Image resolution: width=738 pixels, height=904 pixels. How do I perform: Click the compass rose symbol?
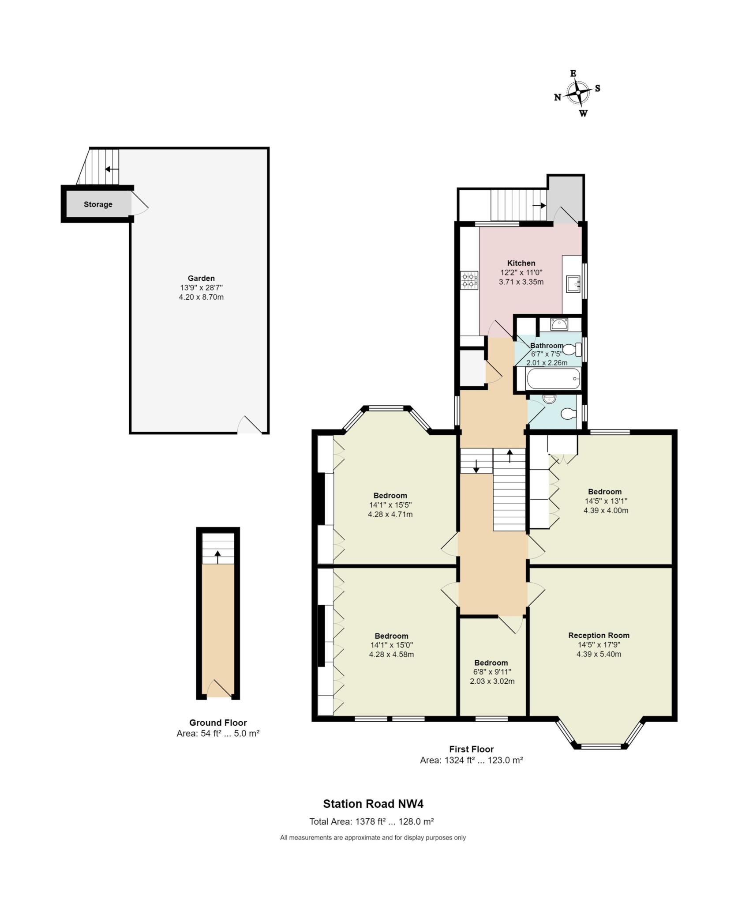point(577,93)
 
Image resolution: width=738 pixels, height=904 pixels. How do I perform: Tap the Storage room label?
point(98,204)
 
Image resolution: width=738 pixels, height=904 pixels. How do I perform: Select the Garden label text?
point(201,278)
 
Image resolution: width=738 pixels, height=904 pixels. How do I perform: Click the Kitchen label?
point(521,263)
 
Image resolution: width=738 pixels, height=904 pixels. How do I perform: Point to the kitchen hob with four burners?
point(470,281)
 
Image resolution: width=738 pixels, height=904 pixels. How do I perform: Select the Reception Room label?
point(599,635)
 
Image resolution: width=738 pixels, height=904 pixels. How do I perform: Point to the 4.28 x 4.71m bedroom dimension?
point(390,514)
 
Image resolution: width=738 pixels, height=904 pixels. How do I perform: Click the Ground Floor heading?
point(218,723)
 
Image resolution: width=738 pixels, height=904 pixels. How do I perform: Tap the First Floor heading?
point(472,749)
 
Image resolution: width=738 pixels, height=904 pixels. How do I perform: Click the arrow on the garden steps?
point(112,169)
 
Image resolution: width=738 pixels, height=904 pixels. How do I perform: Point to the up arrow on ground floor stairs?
point(217,557)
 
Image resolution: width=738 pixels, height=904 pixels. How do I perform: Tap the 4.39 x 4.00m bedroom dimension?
point(606,511)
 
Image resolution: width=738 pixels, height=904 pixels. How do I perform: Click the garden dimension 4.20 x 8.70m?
point(201,297)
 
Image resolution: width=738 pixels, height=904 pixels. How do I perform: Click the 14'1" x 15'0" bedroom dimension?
point(391,645)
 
